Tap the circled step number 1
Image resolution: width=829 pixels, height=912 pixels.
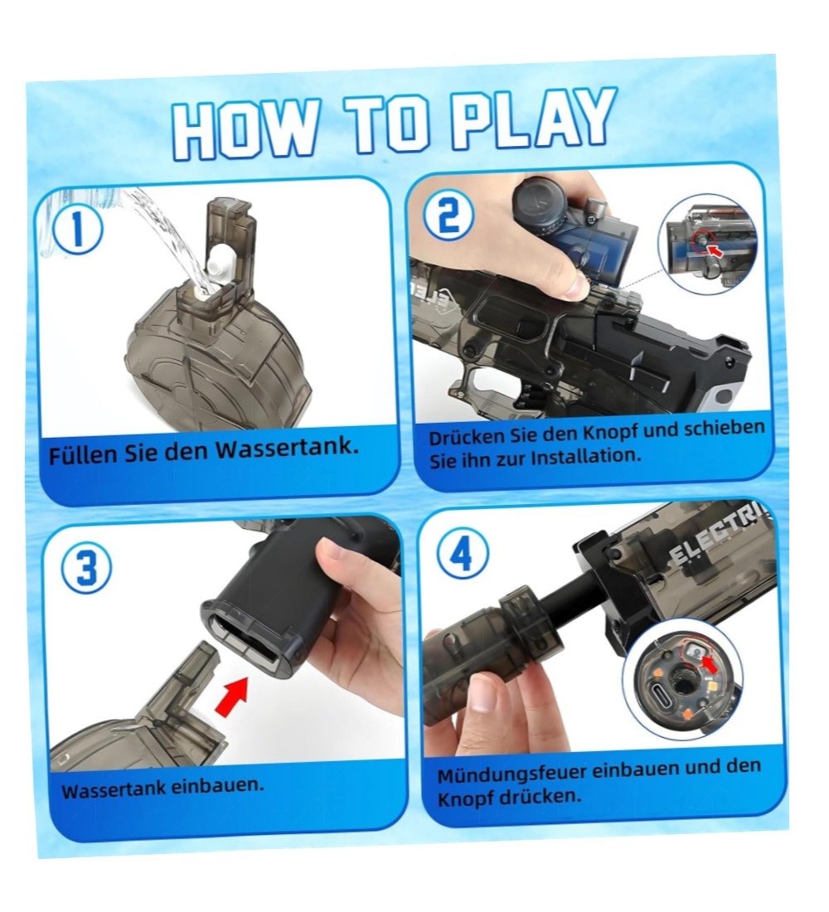[x=78, y=230]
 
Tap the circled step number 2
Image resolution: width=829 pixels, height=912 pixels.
[x=448, y=216]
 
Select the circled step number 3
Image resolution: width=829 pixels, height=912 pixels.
[x=86, y=568]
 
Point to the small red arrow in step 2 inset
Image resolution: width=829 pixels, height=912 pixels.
[x=713, y=250]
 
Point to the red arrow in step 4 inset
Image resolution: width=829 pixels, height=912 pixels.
[x=709, y=663]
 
